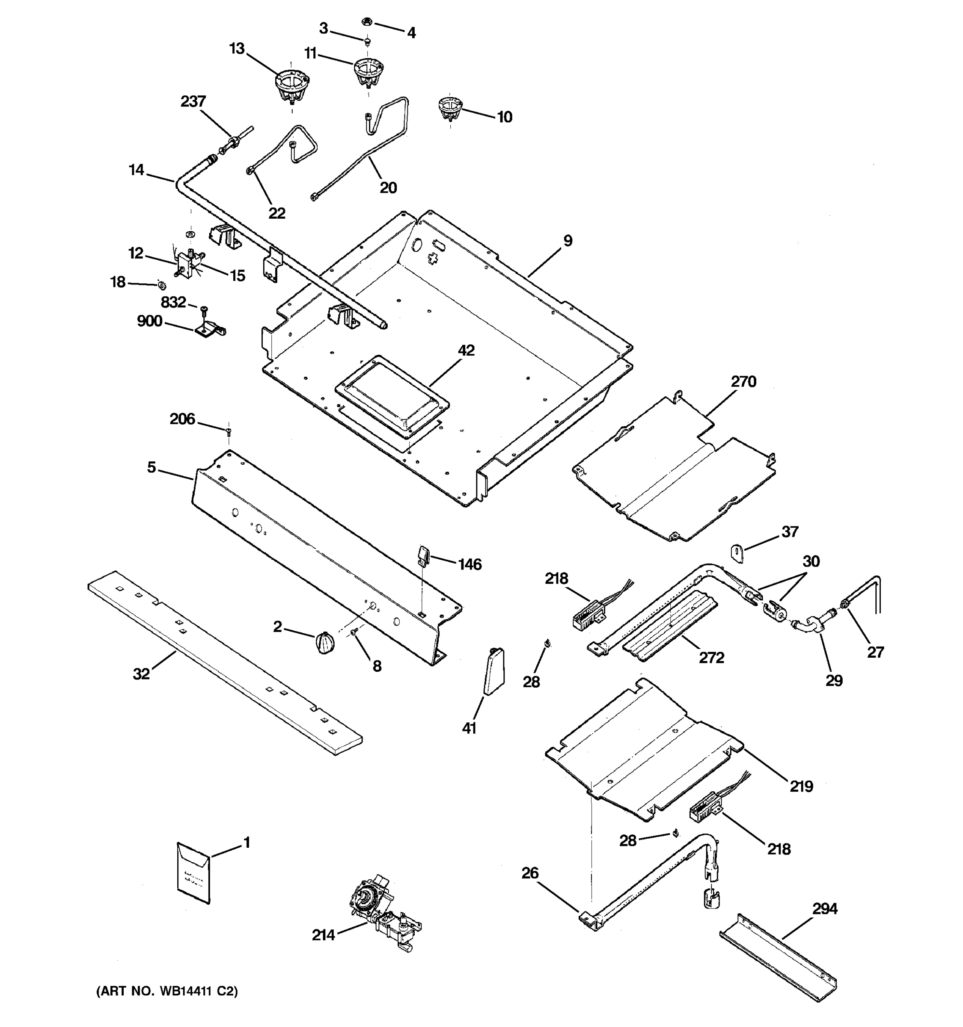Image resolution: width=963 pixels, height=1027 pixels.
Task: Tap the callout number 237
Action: pyautogui.click(x=193, y=101)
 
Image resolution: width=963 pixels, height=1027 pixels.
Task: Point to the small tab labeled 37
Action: pyautogui.click(x=737, y=553)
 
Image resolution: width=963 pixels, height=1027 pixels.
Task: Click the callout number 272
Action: pyautogui.click(x=711, y=658)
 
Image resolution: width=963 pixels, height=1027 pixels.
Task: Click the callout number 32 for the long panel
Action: pyautogui.click(x=141, y=674)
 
